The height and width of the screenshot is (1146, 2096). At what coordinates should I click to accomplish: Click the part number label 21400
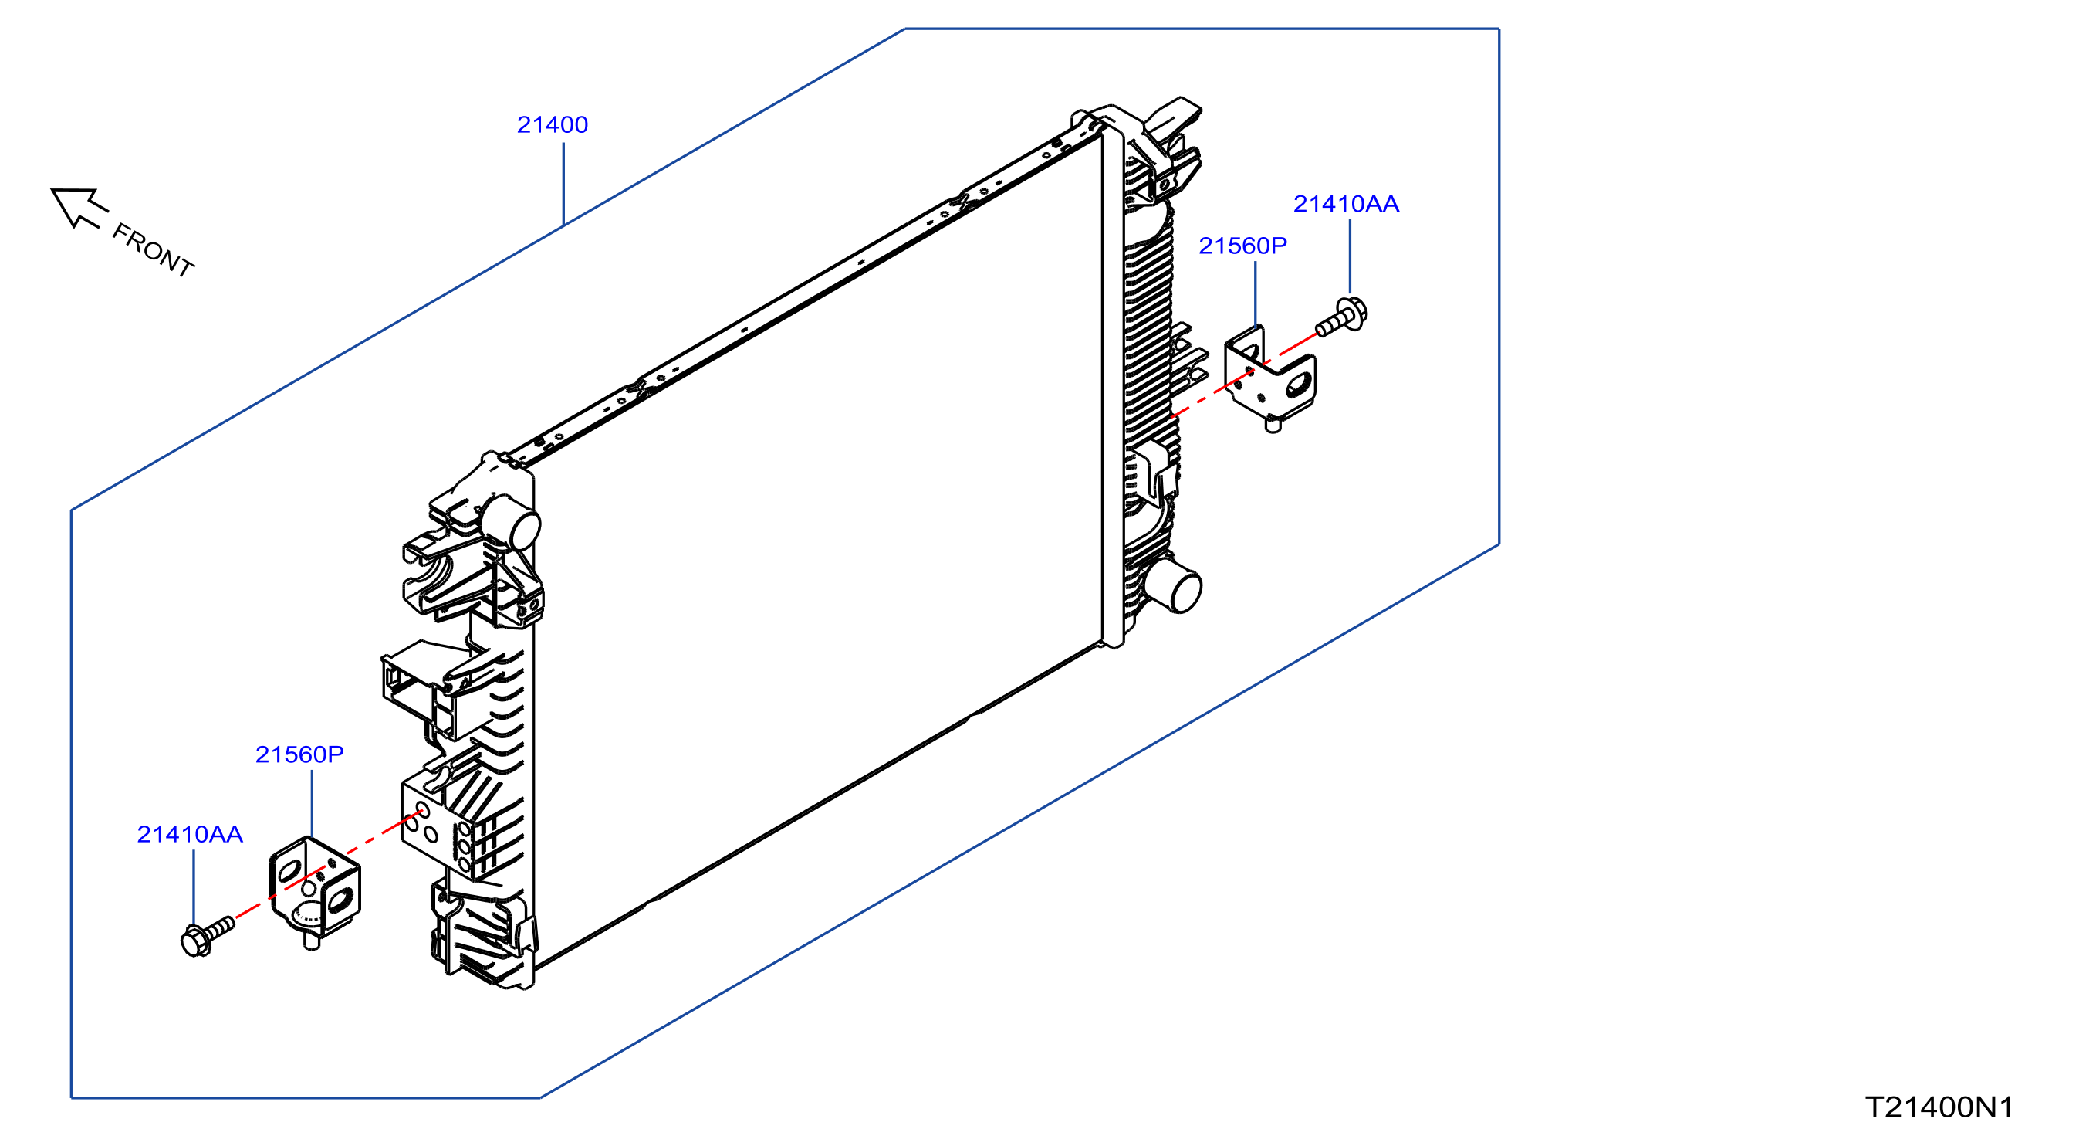pos(553,124)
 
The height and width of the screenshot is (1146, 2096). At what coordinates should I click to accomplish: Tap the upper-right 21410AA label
pos(1346,203)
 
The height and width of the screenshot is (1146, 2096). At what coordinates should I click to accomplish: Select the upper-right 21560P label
pos(1242,245)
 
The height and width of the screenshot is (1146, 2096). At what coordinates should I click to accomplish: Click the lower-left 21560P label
pos(299,754)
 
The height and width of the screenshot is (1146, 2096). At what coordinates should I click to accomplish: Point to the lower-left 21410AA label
pos(190,834)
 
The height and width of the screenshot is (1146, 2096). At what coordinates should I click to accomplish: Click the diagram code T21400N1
pos(1939,1107)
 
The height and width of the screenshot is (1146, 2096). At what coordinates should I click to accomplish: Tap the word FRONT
pos(153,250)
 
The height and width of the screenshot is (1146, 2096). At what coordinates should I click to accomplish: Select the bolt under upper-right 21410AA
pos(1342,317)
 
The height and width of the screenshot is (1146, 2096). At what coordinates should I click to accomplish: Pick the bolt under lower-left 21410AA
pos(207,936)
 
